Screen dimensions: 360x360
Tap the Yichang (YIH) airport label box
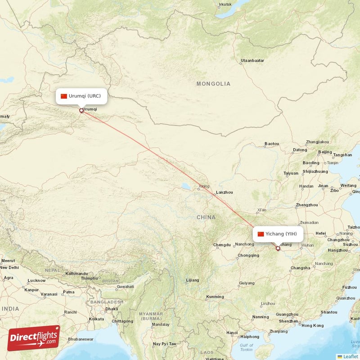click(x=278, y=234)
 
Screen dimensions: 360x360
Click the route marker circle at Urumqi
click(x=81, y=110)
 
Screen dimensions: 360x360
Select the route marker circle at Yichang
click(x=278, y=248)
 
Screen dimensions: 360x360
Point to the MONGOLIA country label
click(x=213, y=84)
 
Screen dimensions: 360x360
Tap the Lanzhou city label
click(x=225, y=193)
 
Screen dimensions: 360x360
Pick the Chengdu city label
click(x=222, y=245)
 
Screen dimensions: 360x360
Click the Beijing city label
click(x=325, y=152)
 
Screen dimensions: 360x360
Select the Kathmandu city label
click(x=76, y=274)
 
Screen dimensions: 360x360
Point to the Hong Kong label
click(x=312, y=325)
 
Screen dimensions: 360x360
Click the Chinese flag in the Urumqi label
click(x=63, y=96)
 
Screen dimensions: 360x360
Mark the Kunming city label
click(x=215, y=297)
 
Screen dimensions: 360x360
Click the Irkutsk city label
click(x=225, y=4)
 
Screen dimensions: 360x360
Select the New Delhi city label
click(x=9, y=267)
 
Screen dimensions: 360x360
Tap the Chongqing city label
click(x=248, y=256)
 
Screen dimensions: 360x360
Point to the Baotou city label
click(x=272, y=144)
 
